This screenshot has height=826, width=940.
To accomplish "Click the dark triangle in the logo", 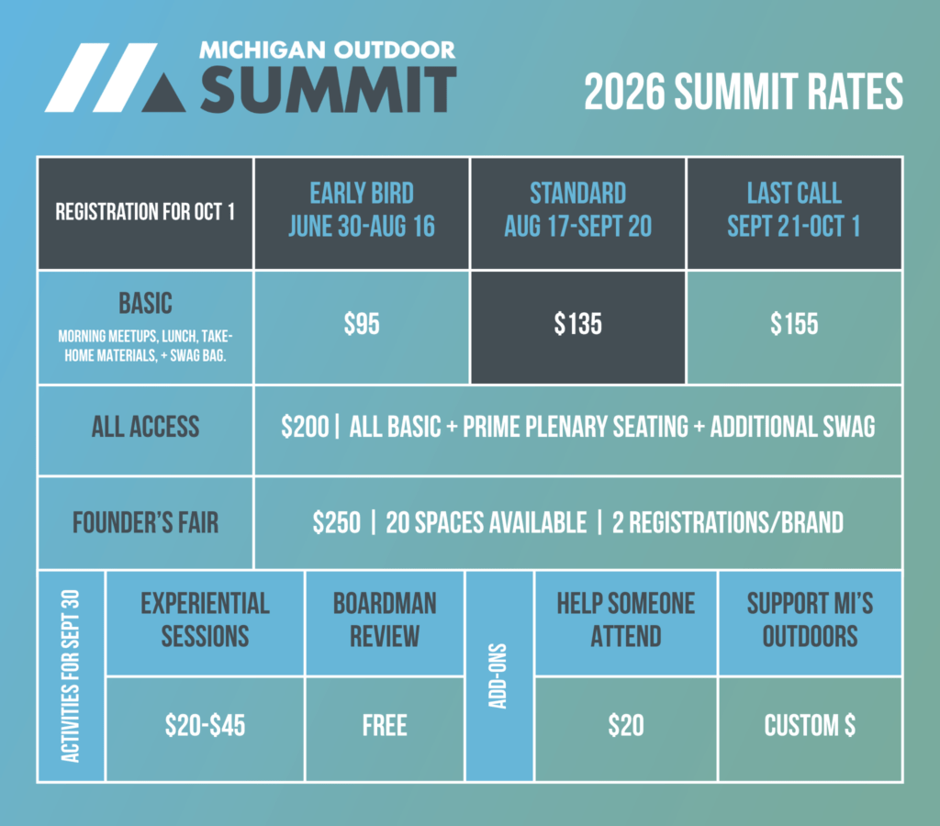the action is pyautogui.click(x=164, y=95).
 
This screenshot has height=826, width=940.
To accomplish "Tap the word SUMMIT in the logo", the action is pyautogui.click(x=329, y=90).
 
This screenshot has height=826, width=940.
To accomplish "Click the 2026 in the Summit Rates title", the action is pyautogui.click(x=624, y=92).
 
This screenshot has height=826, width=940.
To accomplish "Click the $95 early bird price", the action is pyautogui.click(x=362, y=324).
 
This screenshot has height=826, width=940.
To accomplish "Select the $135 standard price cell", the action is pyautogui.click(x=578, y=327).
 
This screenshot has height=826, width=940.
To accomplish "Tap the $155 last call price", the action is pyautogui.click(x=794, y=324).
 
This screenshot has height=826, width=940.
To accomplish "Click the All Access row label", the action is pyautogui.click(x=145, y=427).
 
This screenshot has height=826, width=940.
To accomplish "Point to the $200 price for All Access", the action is pyautogui.click(x=305, y=427).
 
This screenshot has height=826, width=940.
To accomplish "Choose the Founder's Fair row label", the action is pyautogui.click(x=145, y=522).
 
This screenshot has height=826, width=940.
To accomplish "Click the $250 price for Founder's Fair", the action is pyautogui.click(x=336, y=522).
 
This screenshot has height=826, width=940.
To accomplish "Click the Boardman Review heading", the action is pyautogui.click(x=385, y=619).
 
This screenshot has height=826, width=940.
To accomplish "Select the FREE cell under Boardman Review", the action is pyautogui.click(x=385, y=729).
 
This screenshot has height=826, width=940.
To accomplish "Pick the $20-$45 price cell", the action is pyautogui.click(x=205, y=729).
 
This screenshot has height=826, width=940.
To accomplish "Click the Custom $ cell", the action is pyautogui.click(x=810, y=729).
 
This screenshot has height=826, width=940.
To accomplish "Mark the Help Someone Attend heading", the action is pyautogui.click(x=626, y=619).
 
